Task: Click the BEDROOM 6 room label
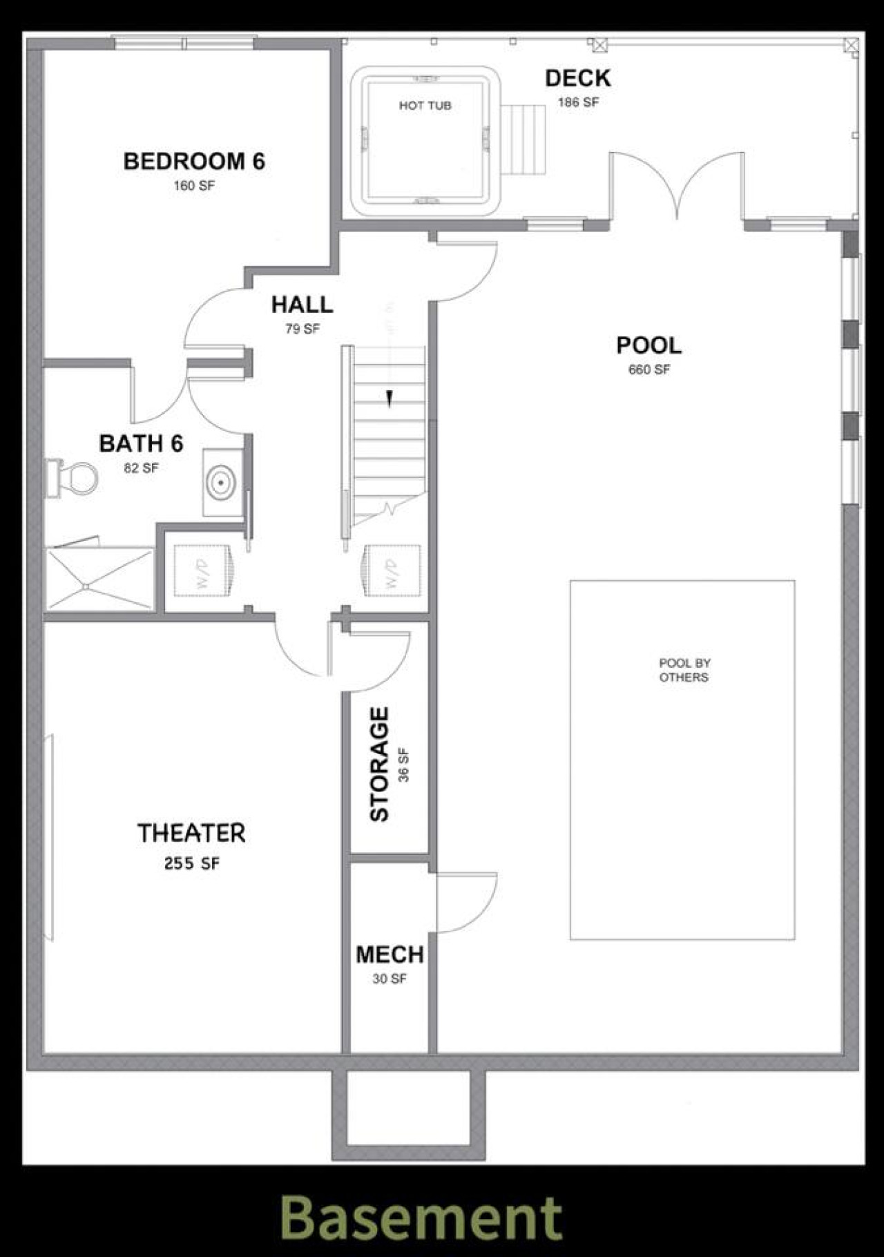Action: point(194,161)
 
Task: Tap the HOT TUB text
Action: point(425,106)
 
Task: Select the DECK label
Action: point(578,78)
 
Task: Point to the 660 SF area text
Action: point(649,370)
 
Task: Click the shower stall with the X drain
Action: point(99,579)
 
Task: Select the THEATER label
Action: point(191,833)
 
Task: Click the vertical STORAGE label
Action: point(379,765)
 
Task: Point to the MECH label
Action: point(390,954)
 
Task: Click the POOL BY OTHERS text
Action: point(684,670)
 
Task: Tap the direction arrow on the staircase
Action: point(390,399)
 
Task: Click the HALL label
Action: point(302,304)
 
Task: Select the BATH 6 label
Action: point(141,443)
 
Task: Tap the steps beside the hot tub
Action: point(523,140)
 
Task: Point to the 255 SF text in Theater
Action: point(192,863)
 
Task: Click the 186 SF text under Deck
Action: point(578,102)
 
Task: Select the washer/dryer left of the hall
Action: point(202,570)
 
